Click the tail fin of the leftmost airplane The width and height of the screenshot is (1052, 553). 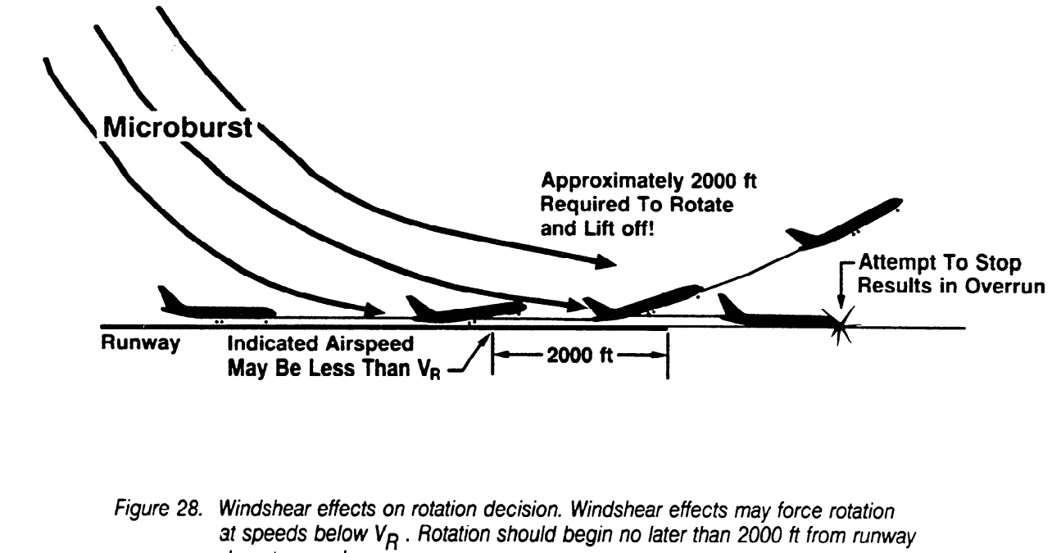pyautogui.click(x=168, y=297)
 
